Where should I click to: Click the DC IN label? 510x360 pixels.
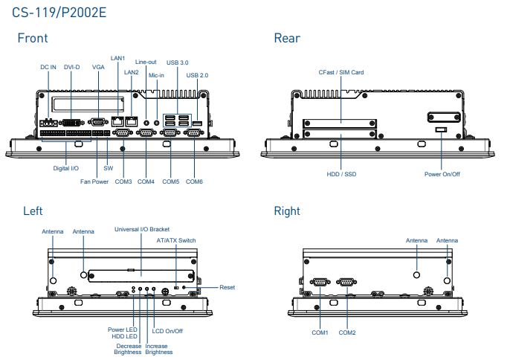pyautogui.click(x=48, y=67)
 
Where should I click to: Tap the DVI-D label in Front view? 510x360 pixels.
pyautogui.click(x=72, y=67)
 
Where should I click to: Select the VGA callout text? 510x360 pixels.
pyautogui.click(x=98, y=67)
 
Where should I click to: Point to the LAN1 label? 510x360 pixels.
pyautogui.click(x=117, y=58)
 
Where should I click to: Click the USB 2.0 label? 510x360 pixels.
pyautogui.click(x=198, y=75)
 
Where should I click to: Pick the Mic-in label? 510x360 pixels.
pyautogui.click(x=156, y=75)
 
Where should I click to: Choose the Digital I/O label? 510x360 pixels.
pyautogui.click(x=65, y=169)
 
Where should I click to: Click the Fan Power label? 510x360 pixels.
pyautogui.click(x=94, y=181)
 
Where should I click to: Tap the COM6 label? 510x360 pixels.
pyautogui.click(x=195, y=181)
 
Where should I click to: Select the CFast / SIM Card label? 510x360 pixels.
pyautogui.click(x=340, y=72)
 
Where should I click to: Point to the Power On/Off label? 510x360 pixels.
pyautogui.click(x=442, y=174)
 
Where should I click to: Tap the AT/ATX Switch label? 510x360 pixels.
pyautogui.click(x=176, y=240)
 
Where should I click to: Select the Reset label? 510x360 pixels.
pyautogui.click(x=227, y=287)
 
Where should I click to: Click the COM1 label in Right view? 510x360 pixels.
pyautogui.click(x=320, y=332)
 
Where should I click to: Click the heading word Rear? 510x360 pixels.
pyautogui.click(x=287, y=38)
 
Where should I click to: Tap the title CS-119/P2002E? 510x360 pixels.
pyautogui.click(x=57, y=10)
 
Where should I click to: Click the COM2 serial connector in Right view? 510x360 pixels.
pyautogui.click(x=346, y=282)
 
